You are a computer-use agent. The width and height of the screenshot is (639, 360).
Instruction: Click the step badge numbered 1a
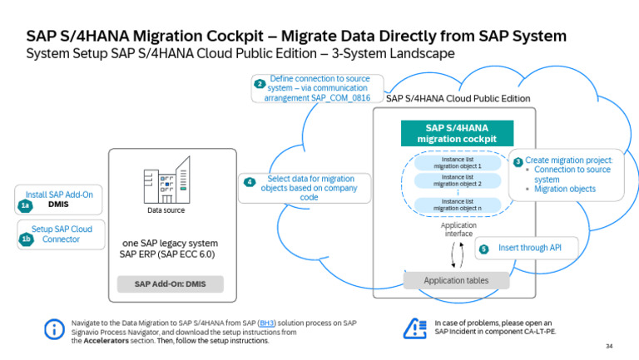tap(26, 205)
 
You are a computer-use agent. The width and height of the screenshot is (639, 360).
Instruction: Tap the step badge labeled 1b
tap(26, 240)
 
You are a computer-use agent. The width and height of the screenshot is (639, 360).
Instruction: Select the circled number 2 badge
tap(260, 84)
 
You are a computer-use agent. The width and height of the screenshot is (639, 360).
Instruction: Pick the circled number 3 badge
tap(518, 161)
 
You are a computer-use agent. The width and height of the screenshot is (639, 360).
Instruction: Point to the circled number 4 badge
tap(249, 183)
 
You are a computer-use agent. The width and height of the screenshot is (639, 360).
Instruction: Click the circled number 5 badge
tap(484, 249)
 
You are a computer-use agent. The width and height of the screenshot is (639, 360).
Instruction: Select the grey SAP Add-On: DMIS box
tap(170, 284)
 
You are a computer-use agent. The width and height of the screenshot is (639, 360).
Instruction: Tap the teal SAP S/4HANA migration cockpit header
tap(456, 133)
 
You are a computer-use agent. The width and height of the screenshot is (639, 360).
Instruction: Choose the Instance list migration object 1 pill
tap(457, 161)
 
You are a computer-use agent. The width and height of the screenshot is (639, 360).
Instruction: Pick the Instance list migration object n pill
tap(457, 205)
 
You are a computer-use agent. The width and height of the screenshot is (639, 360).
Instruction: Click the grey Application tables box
tap(456, 280)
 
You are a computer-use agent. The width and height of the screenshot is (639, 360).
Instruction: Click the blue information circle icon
tap(54, 329)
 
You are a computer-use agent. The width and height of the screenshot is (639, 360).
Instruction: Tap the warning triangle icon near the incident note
tap(414, 328)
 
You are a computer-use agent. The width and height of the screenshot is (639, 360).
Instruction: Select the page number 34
tap(608, 346)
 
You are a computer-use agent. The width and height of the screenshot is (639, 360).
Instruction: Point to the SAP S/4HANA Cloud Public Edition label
tap(458, 98)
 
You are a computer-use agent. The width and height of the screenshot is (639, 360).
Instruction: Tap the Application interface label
tap(457, 230)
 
